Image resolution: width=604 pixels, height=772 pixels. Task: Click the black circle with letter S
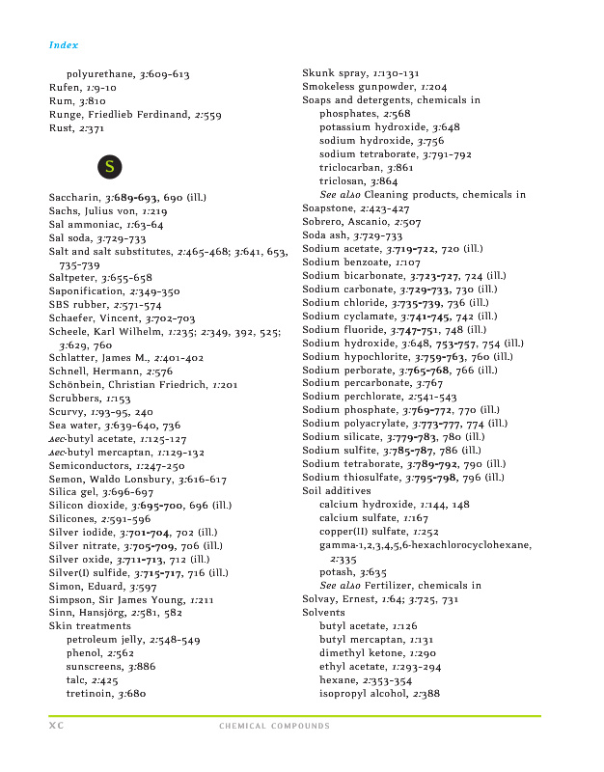111,167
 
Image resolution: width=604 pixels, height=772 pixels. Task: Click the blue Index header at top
64,45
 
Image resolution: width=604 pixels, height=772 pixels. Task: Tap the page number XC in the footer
56,726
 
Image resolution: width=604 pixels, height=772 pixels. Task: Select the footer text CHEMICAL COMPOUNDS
274,726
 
